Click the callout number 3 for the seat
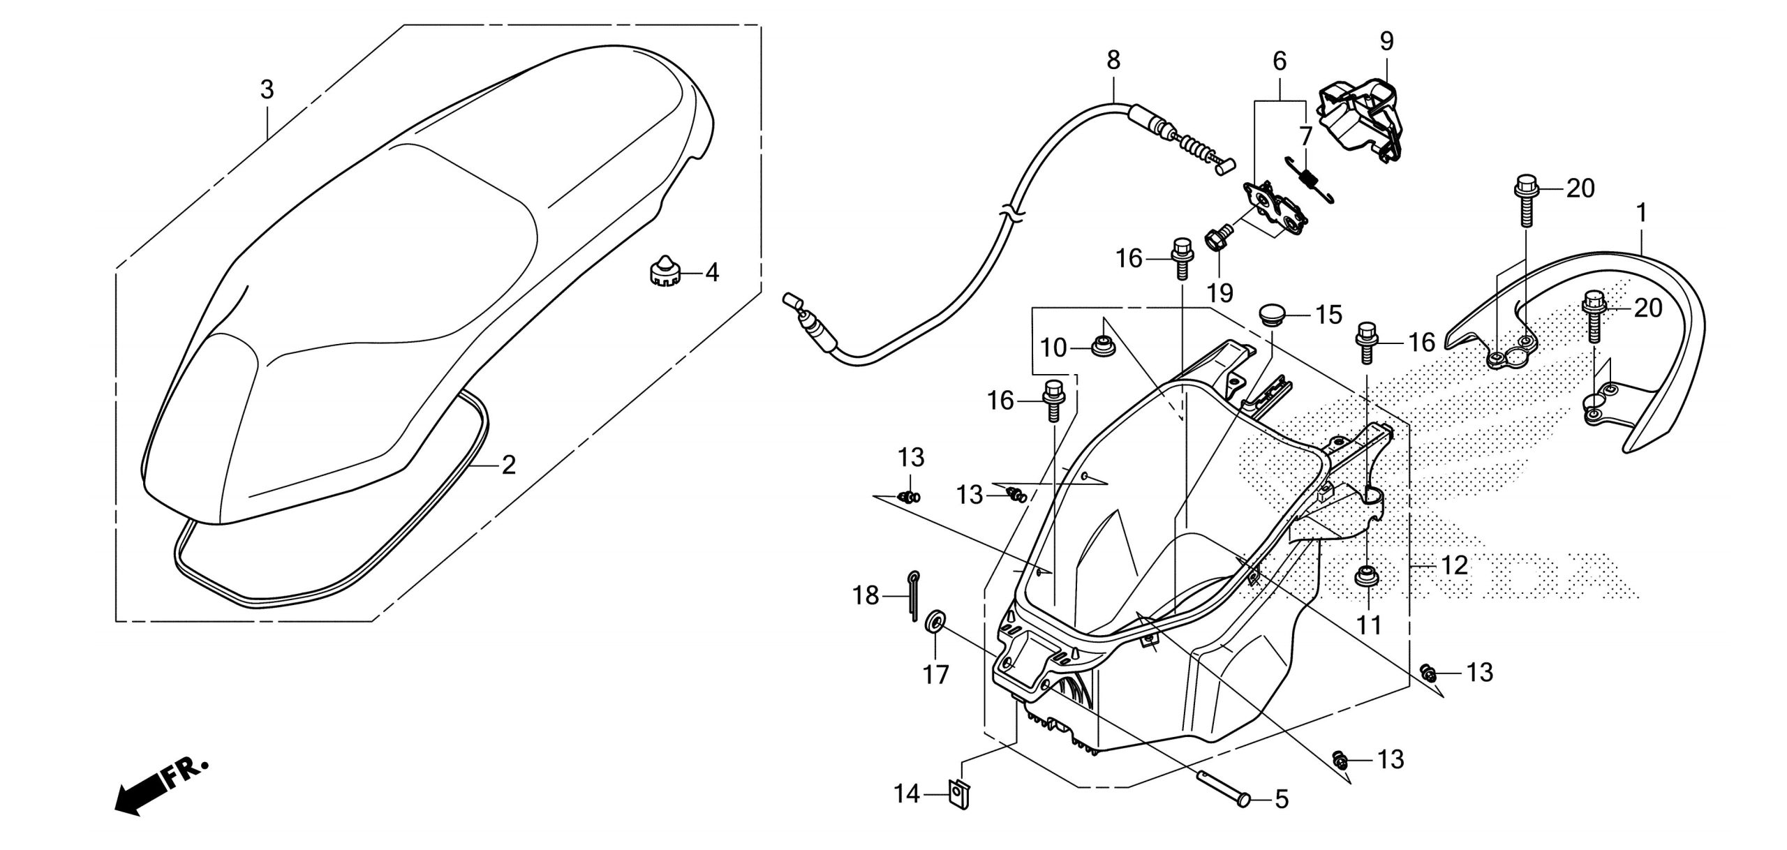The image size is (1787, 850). coord(267,90)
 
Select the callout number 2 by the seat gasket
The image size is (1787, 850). coord(509,464)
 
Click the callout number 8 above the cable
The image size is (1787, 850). coord(1113,61)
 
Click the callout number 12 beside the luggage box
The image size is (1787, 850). coord(1454,565)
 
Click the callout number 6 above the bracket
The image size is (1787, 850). coord(1280,61)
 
